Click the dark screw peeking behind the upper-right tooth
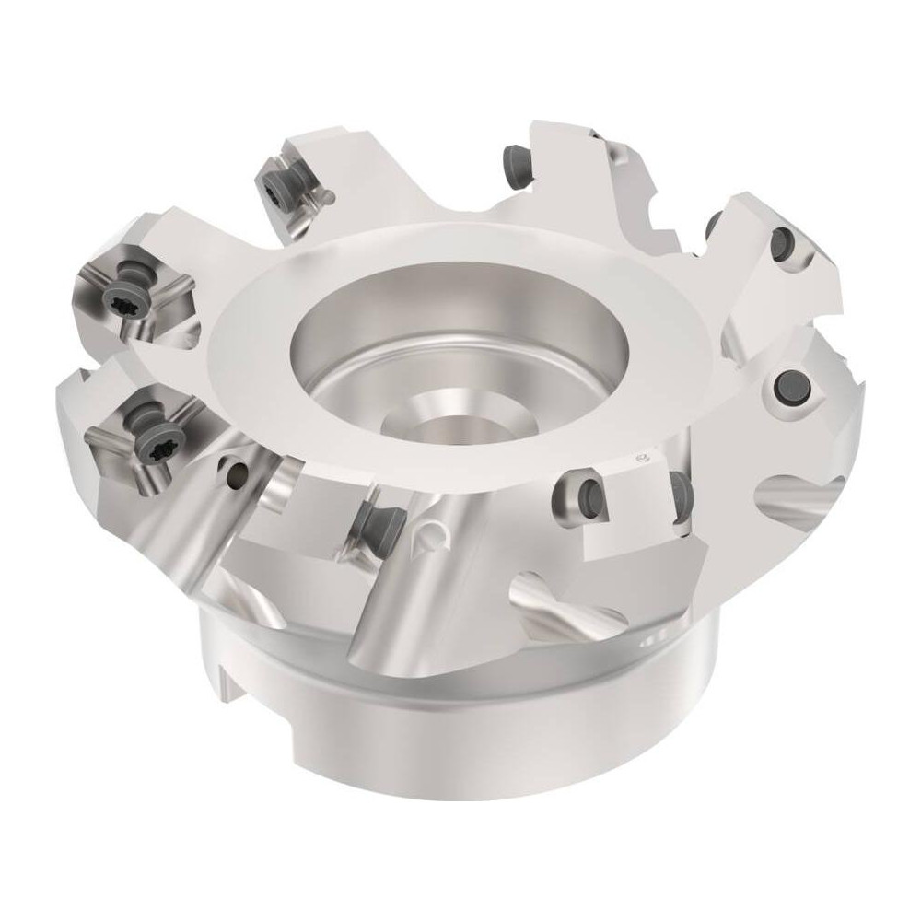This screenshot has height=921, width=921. coord(713,223)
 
